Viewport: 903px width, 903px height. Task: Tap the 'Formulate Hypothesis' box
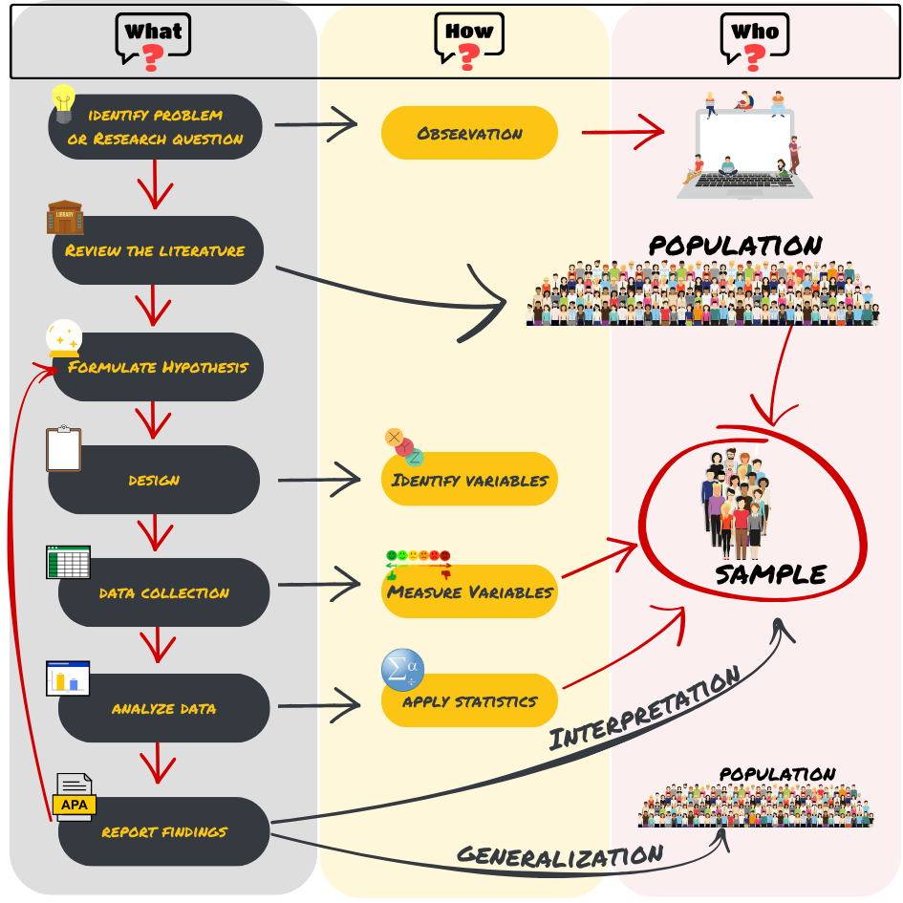[x=158, y=367]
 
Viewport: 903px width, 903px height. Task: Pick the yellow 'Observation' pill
[x=469, y=133]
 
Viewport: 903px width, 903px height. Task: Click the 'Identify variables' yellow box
[x=469, y=480]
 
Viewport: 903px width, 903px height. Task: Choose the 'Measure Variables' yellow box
[x=469, y=591]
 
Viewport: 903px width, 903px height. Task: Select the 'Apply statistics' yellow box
[x=469, y=701]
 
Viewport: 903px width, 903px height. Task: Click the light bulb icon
[x=63, y=102]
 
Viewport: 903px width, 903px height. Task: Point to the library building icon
[x=65, y=217]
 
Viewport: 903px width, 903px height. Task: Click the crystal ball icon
[x=64, y=339]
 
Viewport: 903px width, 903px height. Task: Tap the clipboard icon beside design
[x=64, y=449]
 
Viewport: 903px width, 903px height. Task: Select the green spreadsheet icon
[x=68, y=562]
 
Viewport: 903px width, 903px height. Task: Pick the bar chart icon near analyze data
[x=68, y=677]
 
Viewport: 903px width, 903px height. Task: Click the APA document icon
[x=74, y=797]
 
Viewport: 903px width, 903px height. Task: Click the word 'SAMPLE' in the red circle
[x=770, y=574]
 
